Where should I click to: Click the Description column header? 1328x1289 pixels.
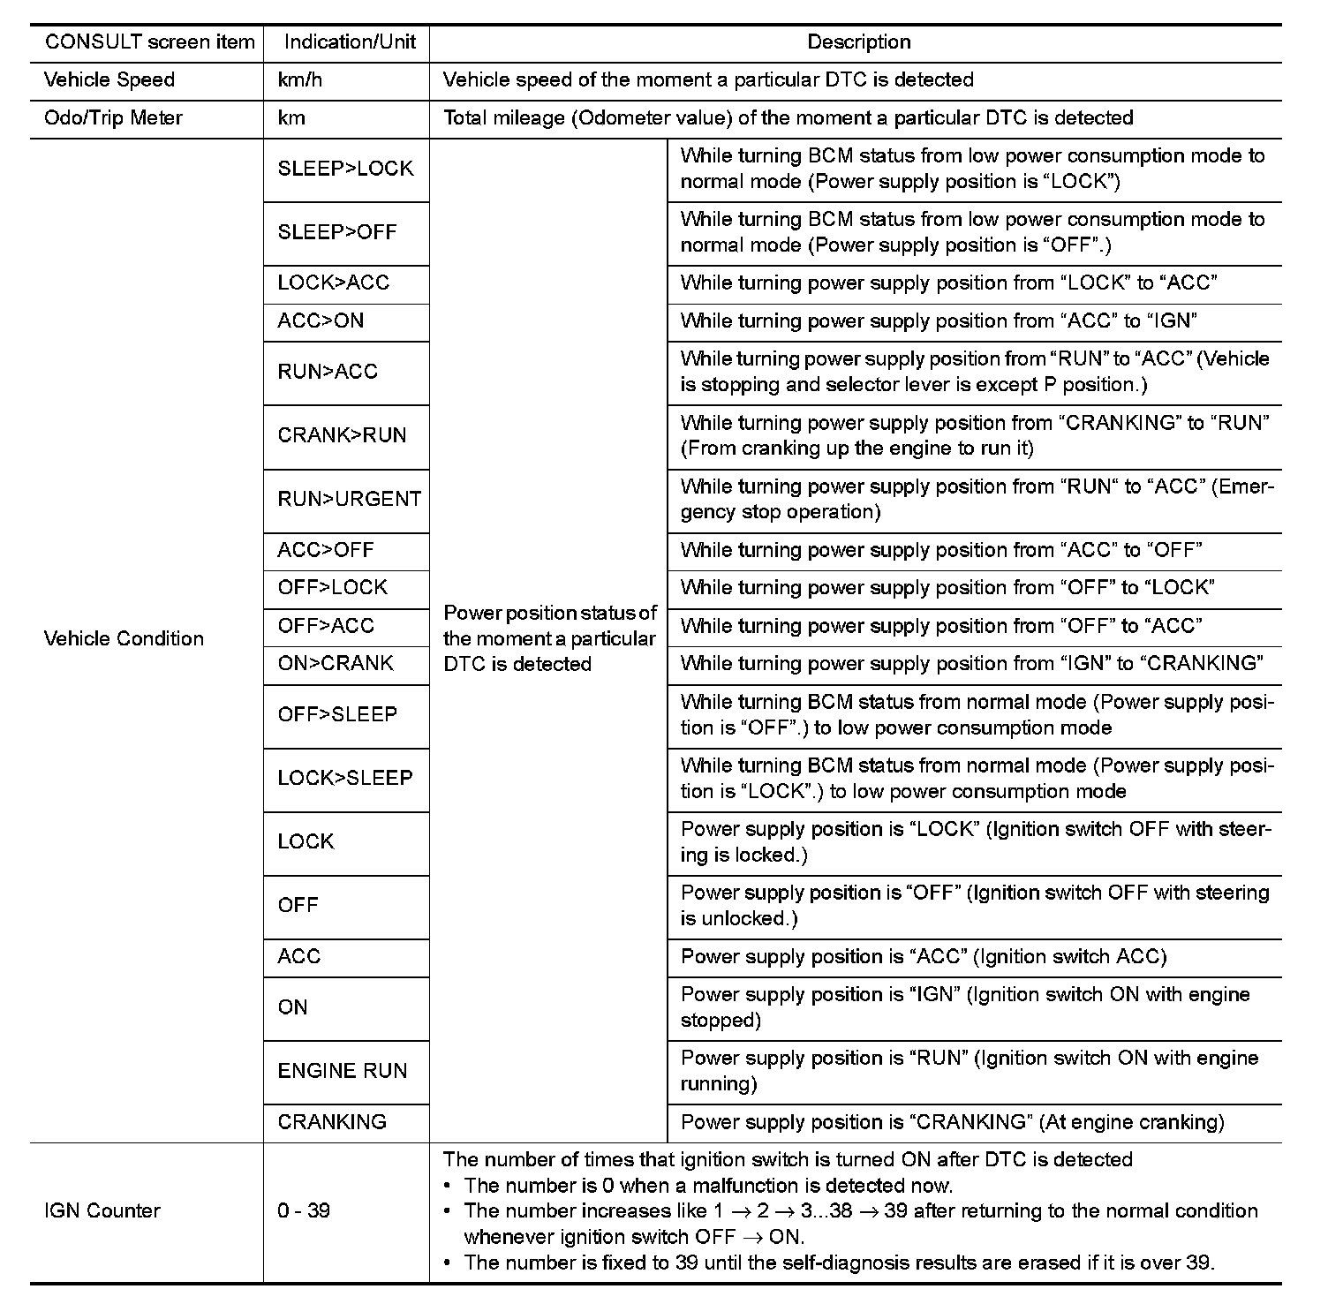coord(858,42)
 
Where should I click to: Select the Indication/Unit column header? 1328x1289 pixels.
coord(350,42)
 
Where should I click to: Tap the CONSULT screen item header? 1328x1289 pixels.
coord(149,42)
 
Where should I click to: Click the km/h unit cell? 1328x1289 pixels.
coord(300,80)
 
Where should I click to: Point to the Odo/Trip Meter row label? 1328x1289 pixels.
coord(113,118)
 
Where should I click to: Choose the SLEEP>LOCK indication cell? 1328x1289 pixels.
coord(345,169)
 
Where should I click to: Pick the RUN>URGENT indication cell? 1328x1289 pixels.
coord(350,499)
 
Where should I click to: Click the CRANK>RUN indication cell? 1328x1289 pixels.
coord(342,435)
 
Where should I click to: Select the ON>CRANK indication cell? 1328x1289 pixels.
coord(336,664)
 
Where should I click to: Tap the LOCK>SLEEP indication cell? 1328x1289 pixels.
coord(345,778)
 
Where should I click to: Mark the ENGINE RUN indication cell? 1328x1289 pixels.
coord(343,1071)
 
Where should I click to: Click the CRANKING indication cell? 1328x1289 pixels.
coord(332,1122)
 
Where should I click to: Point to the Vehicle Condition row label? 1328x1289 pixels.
coord(124,638)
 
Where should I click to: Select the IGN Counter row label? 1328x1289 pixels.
coord(102,1210)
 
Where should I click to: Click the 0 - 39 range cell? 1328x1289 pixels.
coord(304,1210)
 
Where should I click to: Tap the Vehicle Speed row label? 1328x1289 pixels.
coord(109,80)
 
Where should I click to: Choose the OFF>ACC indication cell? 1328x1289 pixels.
coord(326,626)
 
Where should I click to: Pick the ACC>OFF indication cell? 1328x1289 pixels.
coord(326,550)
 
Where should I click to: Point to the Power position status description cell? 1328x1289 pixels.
coord(549,638)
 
